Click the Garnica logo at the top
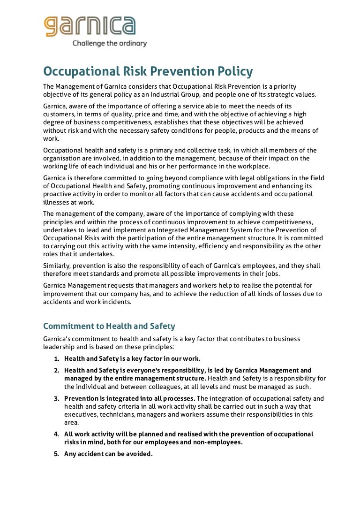coord(90,26)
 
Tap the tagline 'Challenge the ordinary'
coord(109,44)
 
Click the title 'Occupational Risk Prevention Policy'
coord(148,72)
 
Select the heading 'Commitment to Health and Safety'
coord(109,326)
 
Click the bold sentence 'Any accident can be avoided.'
coord(109,454)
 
